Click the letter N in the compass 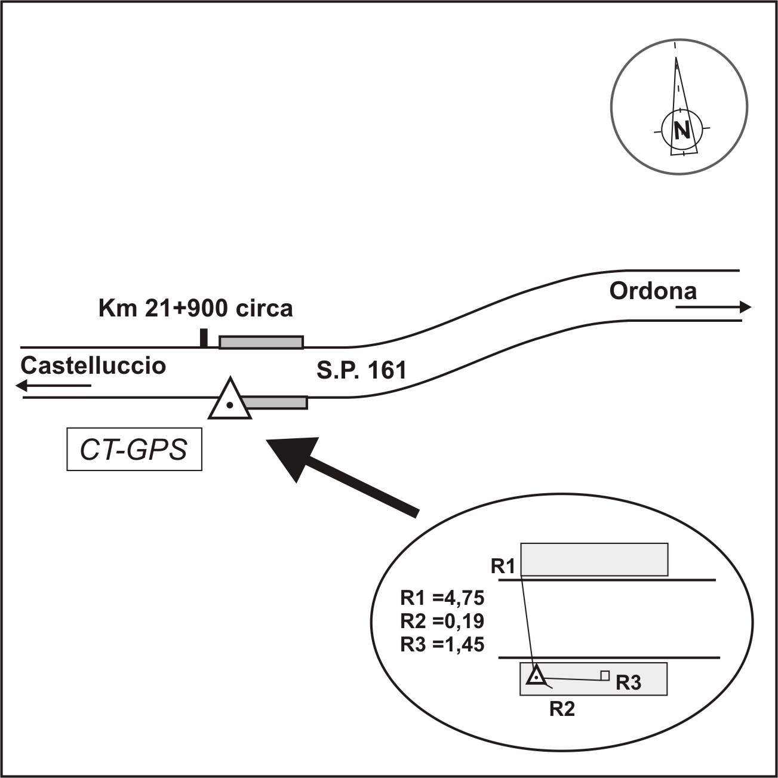tap(681, 130)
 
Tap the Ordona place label tap(653, 291)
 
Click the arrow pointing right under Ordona tap(714, 307)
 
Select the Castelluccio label tap(93, 365)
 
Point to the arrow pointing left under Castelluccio tap(54, 386)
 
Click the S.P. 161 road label tap(361, 370)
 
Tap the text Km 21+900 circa tap(195, 308)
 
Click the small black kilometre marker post tap(204, 337)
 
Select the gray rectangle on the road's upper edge tap(261, 342)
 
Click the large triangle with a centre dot tap(230, 401)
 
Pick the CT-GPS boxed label tap(134, 449)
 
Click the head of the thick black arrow tap(293, 457)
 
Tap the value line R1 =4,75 tap(442, 598)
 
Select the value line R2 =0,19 tap(442, 621)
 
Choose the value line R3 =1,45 tap(442, 644)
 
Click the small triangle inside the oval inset tap(536, 676)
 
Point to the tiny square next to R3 tap(605, 675)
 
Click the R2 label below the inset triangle tap(562, 709)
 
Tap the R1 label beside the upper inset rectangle tap(503, 565)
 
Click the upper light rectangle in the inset tap(594, 559)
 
